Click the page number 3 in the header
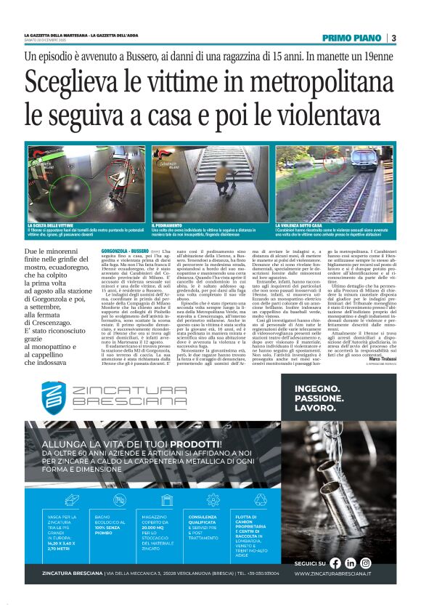click(x=393, y=38)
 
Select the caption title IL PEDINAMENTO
click(x=171, y=226)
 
